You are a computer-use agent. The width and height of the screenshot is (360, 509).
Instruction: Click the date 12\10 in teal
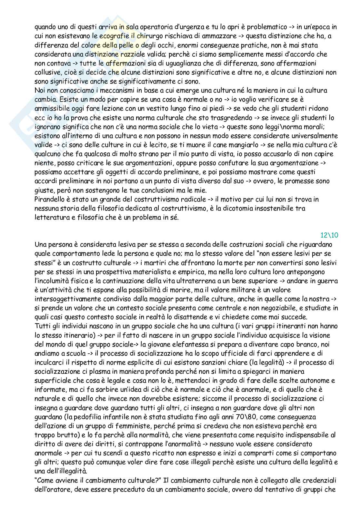(329, 235)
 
